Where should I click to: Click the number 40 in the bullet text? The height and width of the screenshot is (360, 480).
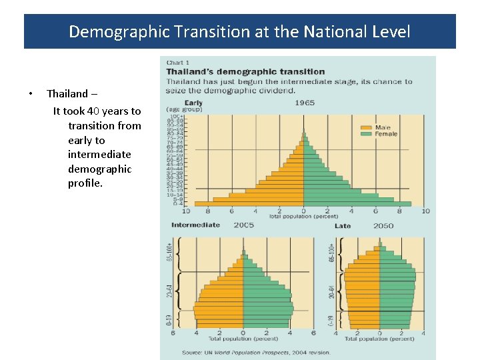pyautogui.click(x=95, y=111)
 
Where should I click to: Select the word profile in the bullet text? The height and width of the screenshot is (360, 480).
pyautogui.click(x=85, y=183)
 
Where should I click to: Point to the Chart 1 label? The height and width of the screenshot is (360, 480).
pyautogui.click(x=177, y=63)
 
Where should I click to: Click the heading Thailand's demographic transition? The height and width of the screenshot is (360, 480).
pyautogui.click(x=245, y=72)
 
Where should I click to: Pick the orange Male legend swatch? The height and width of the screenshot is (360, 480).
pyautogui.click(x=366, y=127)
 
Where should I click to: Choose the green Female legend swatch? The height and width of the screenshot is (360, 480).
pyautogui.click(x=366, y=134)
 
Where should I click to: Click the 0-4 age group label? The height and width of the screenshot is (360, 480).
pyautogui.click(x=179, y=203)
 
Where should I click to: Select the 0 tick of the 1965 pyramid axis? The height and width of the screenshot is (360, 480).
pyautogui.click(x=303, y=211)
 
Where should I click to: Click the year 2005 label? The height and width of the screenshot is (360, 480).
pyautogui.click(x=243, y=225)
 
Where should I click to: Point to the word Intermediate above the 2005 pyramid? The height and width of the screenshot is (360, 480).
pyautogui.click(x=195, y=225)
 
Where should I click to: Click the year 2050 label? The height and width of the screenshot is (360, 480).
pyautogui.click(x=383, y=226)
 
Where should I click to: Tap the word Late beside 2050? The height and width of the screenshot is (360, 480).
pyautogui.click(x=343, y=226)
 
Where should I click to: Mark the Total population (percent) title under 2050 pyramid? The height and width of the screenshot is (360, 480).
pyautogui.click(x=379, y=339)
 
